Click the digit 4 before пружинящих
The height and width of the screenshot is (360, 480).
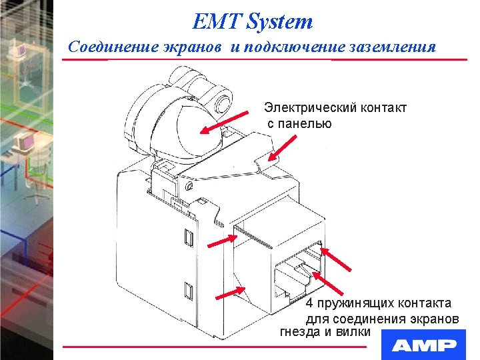click(x=309, y=303)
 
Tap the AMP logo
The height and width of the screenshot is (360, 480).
click(x=424, y=345)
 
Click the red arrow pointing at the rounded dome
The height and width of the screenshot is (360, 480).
click(x=219, y=124)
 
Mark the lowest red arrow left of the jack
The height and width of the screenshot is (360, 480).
click(x=231, y=293)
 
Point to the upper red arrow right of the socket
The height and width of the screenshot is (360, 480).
click(x=337, y=259)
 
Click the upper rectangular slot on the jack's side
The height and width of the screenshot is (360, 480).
click(x=188, y=237)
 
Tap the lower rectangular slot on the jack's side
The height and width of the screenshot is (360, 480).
click(x=188, y=290)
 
